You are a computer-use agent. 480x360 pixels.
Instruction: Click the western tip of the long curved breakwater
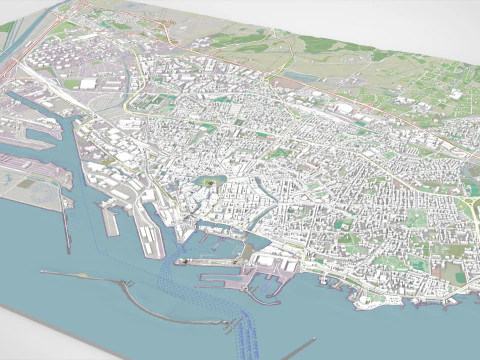[x=41, y=272]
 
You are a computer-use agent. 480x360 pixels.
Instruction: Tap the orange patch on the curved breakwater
[x=128, y=284]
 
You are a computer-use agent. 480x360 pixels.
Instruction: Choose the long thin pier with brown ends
[x=109, y=219]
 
